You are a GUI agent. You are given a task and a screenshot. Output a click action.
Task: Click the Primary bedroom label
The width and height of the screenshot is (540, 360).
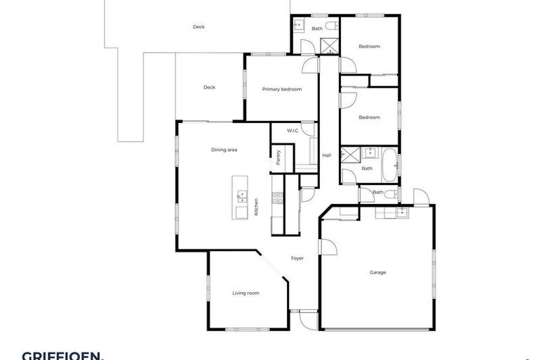point(281,89)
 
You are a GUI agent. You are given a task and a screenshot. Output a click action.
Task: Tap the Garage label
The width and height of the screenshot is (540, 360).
point(378,272)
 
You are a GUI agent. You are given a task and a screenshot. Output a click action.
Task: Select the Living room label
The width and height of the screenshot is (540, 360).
point(246,292)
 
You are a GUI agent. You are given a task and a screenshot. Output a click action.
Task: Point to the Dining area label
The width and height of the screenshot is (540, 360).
point(224,150)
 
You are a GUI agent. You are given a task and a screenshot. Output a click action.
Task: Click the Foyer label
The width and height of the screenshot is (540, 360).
point(297,258)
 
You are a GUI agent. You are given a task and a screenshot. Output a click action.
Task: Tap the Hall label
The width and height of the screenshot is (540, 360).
point(326,155)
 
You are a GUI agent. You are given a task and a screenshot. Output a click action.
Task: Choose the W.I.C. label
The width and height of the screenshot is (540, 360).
point(293,131)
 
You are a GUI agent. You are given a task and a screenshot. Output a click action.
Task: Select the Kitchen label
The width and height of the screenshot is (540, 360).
point(257,205)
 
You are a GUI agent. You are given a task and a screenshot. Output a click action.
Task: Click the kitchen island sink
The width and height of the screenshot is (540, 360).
point(241,194)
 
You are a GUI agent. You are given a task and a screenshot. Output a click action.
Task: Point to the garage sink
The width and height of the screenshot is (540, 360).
point(401,212)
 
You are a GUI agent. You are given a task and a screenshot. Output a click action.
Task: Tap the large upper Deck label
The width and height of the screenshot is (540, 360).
point(199,27)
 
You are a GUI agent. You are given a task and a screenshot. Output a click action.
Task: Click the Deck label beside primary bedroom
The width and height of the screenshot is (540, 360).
point(209,87)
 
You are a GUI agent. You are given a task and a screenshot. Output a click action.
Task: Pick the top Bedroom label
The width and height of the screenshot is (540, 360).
point(369,46)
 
